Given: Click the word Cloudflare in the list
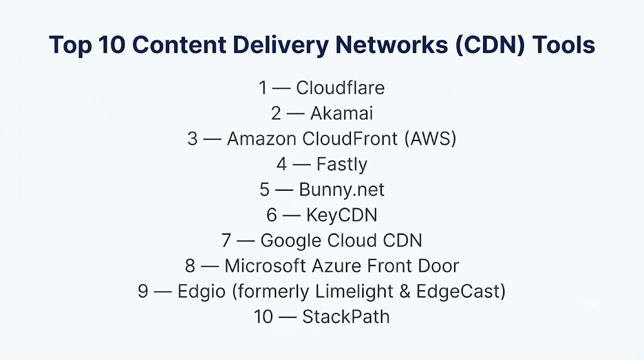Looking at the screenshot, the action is tap(340, 88).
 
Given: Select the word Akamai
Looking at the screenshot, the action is tap(341, 113).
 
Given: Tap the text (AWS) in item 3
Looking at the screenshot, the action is tap(430, 139).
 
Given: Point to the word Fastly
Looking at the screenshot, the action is tap(341, 164).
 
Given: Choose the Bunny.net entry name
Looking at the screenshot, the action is tap(341, 190).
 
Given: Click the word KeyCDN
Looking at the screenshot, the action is tap(341, 215).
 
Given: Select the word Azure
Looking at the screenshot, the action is tap(336, 266).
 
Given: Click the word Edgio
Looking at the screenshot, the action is tap(202, 292).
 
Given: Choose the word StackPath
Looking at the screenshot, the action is tap(346, 317).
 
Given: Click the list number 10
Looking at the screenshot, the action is tap(264, 317).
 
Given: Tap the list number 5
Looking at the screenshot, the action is tap(265, 190).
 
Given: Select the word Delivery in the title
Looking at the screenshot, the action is tap(280, 45).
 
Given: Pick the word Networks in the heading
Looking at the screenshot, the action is tap(392, 45).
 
